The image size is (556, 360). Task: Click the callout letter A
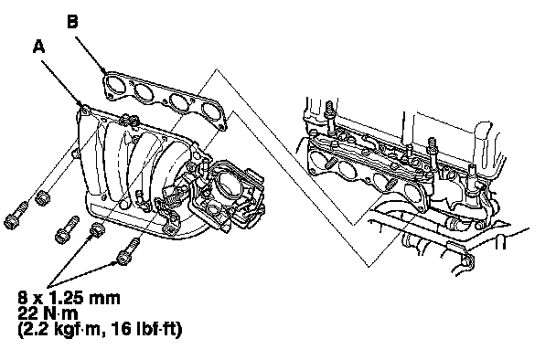(39, 46)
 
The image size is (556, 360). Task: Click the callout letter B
(72, 21)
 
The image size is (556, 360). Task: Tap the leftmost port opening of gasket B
(114, 83)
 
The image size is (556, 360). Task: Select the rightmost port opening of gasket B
(211, 111)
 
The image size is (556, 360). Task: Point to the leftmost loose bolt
(16, 215)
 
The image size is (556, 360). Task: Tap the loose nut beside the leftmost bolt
(43, 196)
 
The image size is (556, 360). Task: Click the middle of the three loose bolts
(68, 229)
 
